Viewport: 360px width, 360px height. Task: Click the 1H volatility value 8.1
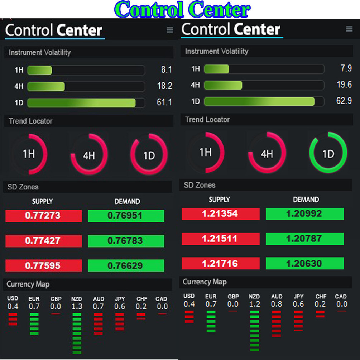point(166,70)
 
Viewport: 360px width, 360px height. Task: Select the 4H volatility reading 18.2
point(165,86)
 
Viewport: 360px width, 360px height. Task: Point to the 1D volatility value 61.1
point(164,102)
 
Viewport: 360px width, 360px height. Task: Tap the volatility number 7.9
point(346,68)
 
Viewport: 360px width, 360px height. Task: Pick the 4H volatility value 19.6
point(344,85)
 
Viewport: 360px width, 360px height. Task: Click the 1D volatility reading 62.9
point(344,101)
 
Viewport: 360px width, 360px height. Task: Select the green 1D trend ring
point(328,153)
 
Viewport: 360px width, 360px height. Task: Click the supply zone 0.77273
point(43,216)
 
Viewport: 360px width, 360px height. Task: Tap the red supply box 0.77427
point(43,241)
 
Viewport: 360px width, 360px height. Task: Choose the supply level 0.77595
point(43,266)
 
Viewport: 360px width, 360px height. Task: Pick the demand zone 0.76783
point(126,241)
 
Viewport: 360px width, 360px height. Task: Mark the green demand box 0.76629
point(126,266)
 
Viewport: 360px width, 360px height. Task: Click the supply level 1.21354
point(220,214)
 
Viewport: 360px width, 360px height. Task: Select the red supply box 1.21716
point(220,264)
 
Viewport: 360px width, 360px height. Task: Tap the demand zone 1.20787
point(304,239)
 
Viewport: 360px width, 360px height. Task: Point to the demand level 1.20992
point(304,214)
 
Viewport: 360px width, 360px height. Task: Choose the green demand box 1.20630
point(304,264)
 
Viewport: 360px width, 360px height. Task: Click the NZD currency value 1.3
point(77,307)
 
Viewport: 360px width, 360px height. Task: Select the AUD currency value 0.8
point(277,304)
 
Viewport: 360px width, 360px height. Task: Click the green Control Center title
point(183,10)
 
